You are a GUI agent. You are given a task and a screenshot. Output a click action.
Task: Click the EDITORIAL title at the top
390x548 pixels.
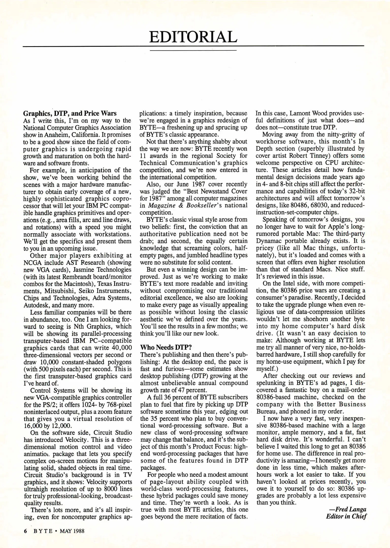click(193, 37)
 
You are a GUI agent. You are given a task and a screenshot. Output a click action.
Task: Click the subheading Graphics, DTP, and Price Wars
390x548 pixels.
click(70, 113)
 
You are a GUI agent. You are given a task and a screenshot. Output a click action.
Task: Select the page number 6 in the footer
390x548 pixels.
click(25, 531)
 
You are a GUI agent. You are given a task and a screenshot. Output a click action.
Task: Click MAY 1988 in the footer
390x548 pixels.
click(72, 531)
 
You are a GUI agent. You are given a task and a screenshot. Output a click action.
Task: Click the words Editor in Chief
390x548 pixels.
click(346, 517)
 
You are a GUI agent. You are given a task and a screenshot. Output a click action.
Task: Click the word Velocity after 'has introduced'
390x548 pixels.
click(76, 440)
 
